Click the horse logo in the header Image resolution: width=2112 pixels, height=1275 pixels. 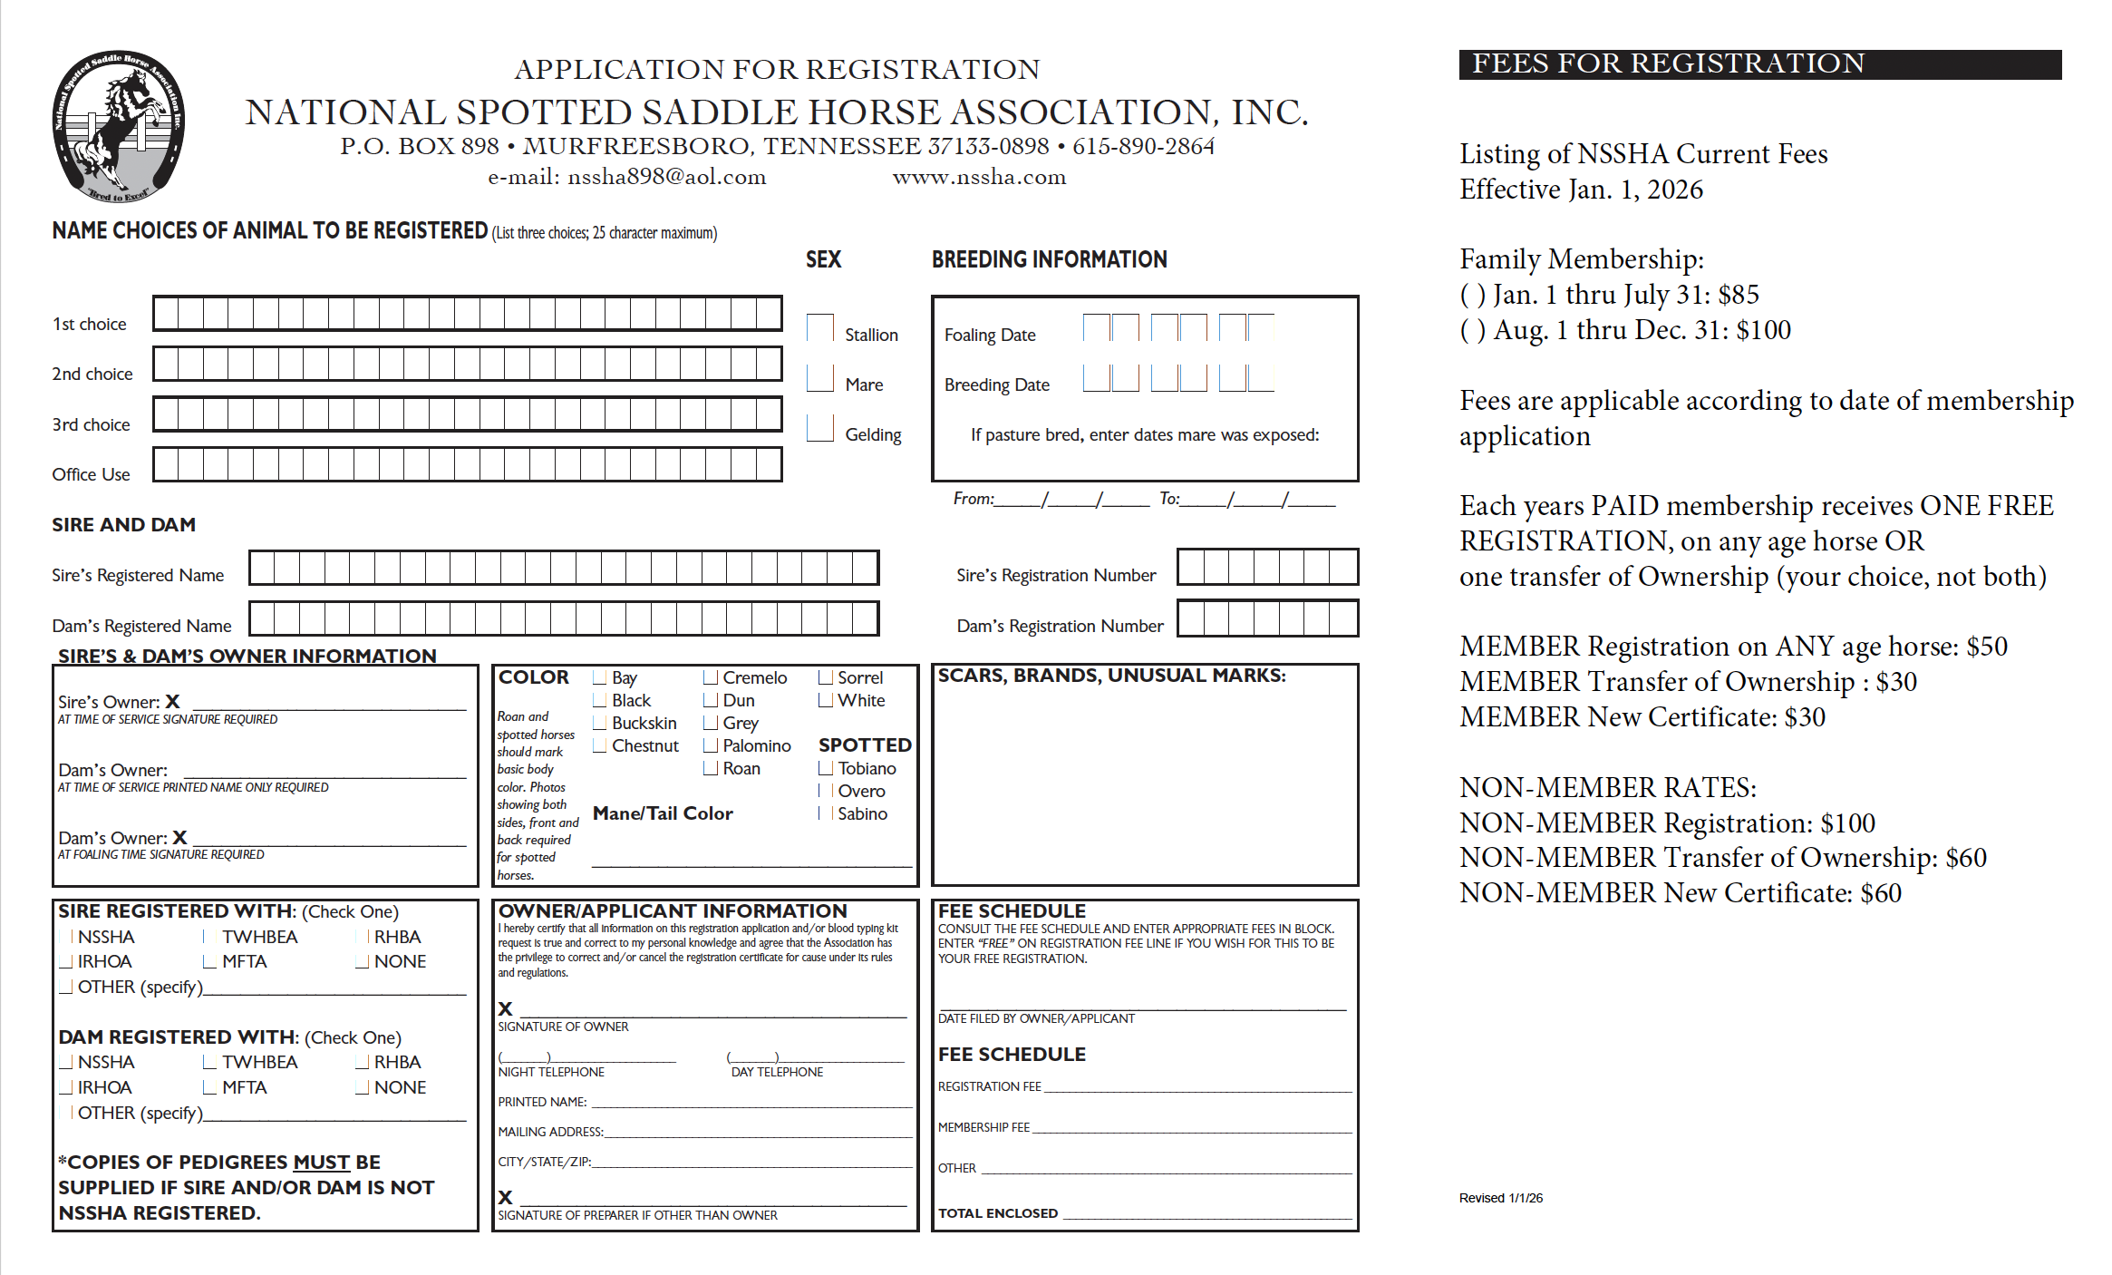(119, 125)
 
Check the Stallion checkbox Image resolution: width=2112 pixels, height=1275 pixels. (820, 328)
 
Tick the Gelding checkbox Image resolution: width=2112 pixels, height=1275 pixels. (820, 428)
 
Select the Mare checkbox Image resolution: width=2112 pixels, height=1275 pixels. (820, 378)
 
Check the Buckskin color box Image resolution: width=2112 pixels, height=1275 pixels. (599, 723)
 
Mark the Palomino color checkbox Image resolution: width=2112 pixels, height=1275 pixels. (711, 745)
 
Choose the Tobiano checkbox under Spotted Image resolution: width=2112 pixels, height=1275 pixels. (825, 768)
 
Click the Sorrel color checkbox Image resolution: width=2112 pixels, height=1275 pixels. (825, 677)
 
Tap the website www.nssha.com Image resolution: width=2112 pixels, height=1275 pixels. (979, 177)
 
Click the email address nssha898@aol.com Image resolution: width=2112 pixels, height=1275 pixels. (666, 177)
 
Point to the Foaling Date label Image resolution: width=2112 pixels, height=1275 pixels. (990, 335)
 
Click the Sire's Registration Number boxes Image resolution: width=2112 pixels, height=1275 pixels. (1267, 568)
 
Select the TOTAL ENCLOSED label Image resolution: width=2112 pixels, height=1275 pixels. (997, 1213)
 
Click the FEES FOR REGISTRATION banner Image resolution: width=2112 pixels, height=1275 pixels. (1759, 64)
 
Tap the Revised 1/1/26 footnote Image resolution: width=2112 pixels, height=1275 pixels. (1500, 1198)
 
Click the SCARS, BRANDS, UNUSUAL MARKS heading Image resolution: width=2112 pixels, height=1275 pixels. (1111, 676)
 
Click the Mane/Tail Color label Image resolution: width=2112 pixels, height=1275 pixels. (663, 813)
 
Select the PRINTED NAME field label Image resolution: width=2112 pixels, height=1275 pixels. (542, 1102)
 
